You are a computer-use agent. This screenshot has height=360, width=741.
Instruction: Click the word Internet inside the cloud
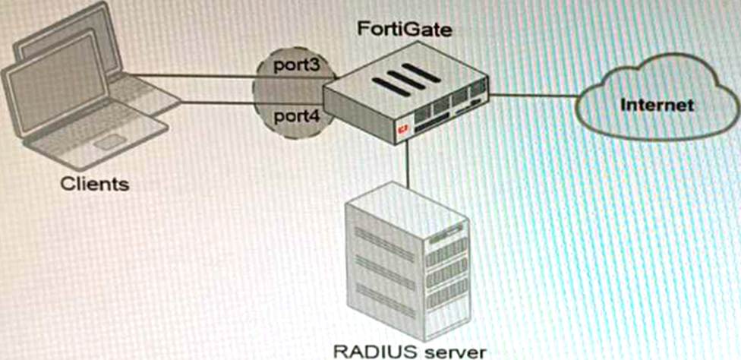657,104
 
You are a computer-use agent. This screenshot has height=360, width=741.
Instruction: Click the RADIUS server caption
409,351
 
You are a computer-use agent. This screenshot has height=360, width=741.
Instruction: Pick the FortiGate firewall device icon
406,103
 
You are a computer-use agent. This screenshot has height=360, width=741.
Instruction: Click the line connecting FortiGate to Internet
531,96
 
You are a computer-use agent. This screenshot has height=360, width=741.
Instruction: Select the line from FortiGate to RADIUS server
408,163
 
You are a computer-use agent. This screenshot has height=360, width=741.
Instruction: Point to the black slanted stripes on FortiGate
402,79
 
